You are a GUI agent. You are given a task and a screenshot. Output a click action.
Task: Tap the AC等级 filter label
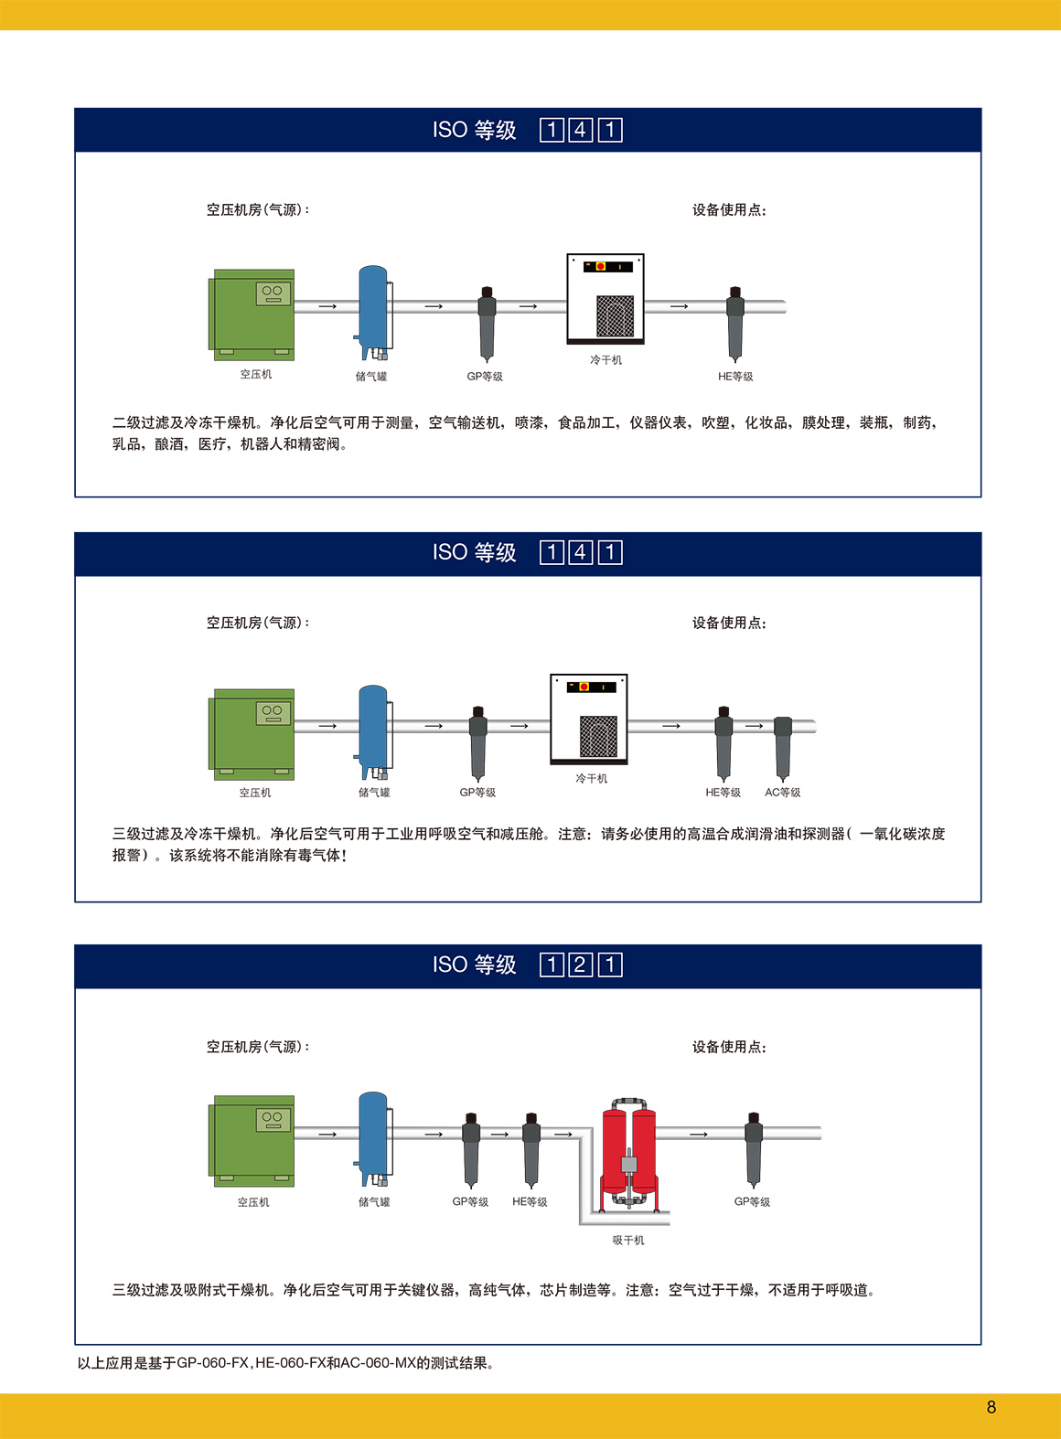click(x=782, y=792)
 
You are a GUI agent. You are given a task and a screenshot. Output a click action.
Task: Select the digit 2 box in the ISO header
click(x=580, y=965)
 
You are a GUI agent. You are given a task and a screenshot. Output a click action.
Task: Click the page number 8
click(x=991, y=1407)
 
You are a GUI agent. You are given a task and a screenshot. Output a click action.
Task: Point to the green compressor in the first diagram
click(x=252, y=314)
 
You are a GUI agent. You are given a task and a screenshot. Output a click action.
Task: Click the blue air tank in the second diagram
click(x=373, y=731)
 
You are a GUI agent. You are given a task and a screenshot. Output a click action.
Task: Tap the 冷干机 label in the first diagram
click(x=606, y=360)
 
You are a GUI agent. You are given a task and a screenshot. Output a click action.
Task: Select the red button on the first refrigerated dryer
click(x=600, y=266)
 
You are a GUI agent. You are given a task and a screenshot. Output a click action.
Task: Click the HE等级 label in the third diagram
click(x=530, y=1201)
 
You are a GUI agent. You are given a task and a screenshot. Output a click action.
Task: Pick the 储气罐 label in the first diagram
click(x=371, y=377)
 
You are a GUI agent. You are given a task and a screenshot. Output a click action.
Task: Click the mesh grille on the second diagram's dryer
click(x=598, y=736)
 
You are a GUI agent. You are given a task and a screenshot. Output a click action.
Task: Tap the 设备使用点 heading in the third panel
click(x=729, y=1047)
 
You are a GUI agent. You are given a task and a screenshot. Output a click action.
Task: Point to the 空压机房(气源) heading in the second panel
click(x=258, y=623)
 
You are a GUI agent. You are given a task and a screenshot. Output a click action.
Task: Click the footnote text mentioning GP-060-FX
click(x=286, y=1362)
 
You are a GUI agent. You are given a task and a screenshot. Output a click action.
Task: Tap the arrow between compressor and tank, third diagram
click(x=327, y=1135)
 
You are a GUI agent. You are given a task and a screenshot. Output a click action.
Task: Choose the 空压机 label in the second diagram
click(x=255, y=792)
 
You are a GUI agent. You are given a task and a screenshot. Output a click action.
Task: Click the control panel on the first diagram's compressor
click(x=273, y=293)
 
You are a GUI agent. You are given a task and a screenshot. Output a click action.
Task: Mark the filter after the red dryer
click(x=754, y=1150)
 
